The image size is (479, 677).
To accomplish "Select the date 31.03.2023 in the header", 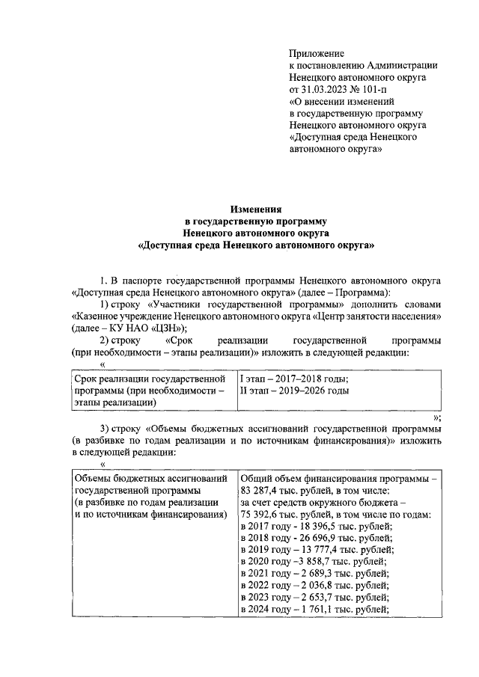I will (327, 88).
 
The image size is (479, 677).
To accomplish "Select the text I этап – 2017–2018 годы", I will (293, 379).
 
